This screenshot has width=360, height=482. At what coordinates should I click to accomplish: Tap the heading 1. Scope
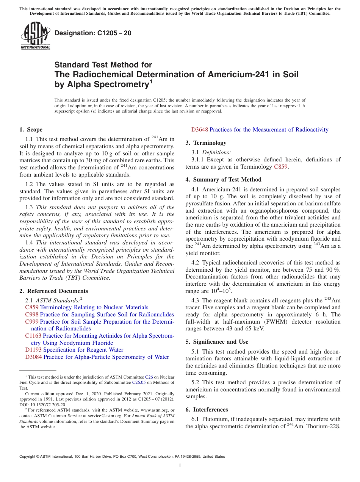(31, 130)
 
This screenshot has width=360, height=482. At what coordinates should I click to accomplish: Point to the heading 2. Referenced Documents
(54, 291)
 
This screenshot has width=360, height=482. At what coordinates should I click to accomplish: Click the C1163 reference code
(33, 336)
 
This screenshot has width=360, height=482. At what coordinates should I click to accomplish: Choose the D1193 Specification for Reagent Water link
(74, 350)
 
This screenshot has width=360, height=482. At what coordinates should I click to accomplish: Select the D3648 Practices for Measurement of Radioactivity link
(260, 130)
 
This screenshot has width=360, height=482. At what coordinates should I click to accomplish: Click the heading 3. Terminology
(206, 143)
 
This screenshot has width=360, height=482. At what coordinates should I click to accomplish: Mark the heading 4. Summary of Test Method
(223, 180)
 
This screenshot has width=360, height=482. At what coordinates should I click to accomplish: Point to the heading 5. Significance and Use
(217, 342)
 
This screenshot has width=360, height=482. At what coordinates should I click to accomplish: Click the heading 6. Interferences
(207, 410)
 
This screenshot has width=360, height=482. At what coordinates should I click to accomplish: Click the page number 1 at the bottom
(180, 466)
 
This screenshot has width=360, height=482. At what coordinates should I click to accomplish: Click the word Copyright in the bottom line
(28, 457)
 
